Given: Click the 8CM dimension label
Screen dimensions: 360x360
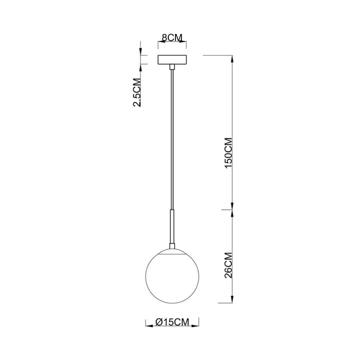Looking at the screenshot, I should point(171,38).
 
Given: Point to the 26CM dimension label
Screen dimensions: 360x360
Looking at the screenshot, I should point(228,265).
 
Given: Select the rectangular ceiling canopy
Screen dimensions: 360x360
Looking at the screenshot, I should point(171,59).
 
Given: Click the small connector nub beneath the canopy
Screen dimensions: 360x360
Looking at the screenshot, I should point(171,67).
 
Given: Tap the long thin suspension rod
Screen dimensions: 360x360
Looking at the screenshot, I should point(171,140).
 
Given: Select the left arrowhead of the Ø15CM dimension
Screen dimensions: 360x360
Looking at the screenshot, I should point(147,323).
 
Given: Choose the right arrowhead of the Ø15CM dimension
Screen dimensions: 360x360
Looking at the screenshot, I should point(197,323).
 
